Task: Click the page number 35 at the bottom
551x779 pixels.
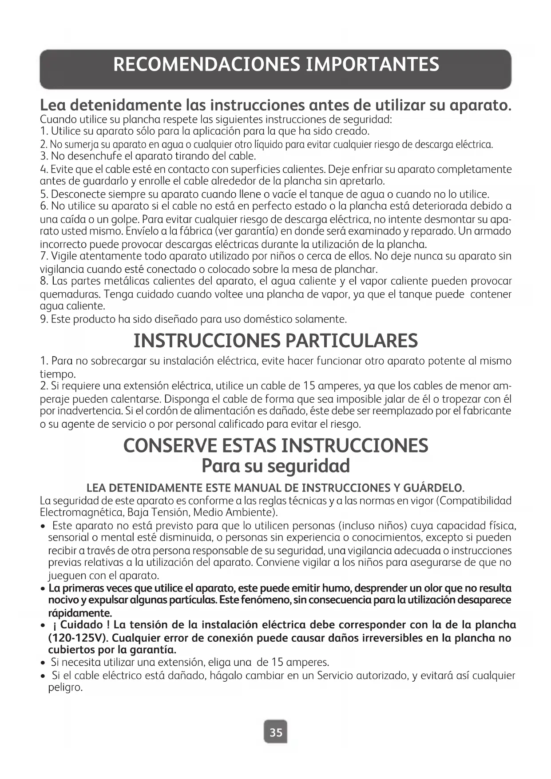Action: (276, 732)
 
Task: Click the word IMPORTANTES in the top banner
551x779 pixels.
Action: (373, 64)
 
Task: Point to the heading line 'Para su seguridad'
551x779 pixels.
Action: (276, 466)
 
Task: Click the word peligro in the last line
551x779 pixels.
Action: (65, 688)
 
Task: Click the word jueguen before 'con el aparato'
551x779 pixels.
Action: (67, 576)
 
